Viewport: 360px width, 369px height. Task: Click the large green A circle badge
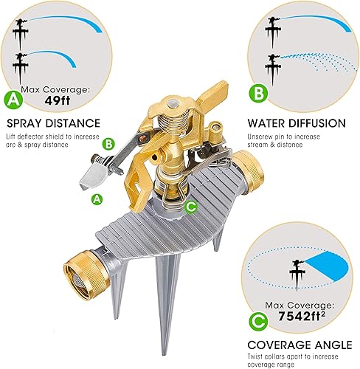click(12, 97)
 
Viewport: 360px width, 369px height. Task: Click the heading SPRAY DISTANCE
click(53, 123)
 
